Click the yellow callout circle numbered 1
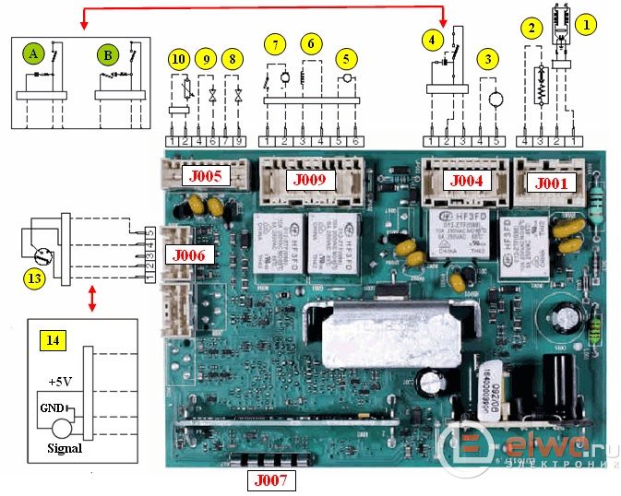(585, 25)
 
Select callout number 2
(531, 29)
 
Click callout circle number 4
(431, 41)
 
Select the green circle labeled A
(34, 55)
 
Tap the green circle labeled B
(108, 55)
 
